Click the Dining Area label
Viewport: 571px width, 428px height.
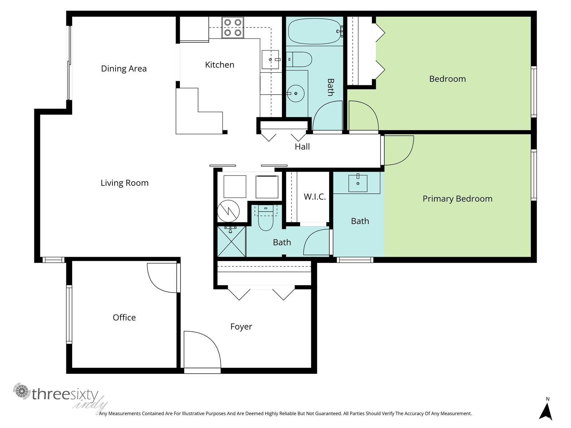(124, 68)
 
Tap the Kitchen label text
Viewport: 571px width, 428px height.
(219, 65)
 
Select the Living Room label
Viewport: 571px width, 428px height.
(125, 183)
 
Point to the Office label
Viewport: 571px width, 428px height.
(124, 317)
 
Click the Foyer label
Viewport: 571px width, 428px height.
(241, 327)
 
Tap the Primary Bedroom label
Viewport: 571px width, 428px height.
(457, 199)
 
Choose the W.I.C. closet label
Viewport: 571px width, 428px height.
(315, 197)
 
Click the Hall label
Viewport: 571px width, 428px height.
(302, 147)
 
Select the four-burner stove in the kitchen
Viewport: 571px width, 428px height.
(233, 27)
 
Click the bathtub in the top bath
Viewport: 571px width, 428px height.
(314, 31)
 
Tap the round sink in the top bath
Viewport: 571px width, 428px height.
(295, 93)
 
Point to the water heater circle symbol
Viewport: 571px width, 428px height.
(228, 211)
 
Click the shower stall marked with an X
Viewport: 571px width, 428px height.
(231, 242)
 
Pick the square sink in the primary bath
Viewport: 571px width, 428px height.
(358, 183)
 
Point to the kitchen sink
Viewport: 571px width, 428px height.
(270, 60)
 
